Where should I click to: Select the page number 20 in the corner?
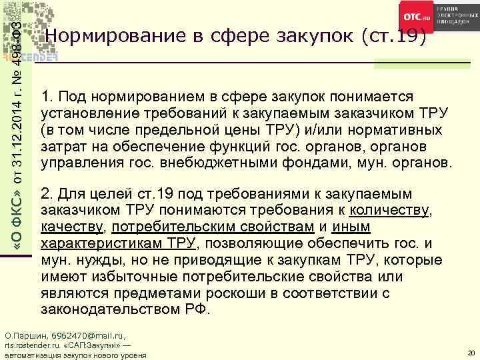click(x=471, y=352)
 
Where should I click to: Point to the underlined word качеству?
click(x=72, y=227)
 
